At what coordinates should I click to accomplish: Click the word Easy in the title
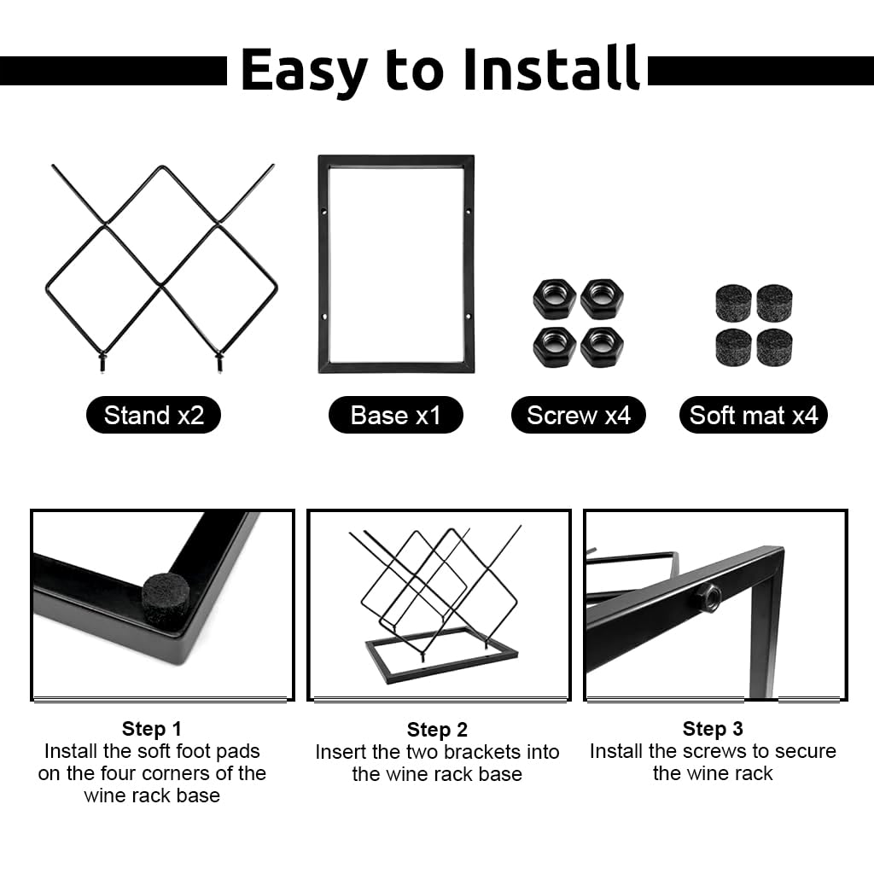click(x=305, y=71)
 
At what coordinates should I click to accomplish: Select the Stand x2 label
click(x=154, y=416)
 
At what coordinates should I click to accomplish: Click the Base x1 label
click(x=396, y=416)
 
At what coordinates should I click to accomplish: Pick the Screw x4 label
click(x=579, y=416)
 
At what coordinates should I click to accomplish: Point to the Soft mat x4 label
click(x=753, y=416)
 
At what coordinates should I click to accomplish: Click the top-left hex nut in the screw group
click(x=555, y=299)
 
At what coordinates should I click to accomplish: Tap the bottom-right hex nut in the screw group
click(x=602, y=347)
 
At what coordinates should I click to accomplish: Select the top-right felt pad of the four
click(x=774, y=303)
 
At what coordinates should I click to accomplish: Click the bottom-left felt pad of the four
click(x=733, y=347)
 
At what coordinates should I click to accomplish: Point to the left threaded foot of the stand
click(x=102, y=362)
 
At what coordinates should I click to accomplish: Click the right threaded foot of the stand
click(x=219, y=362)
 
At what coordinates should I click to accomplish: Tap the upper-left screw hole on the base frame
click(x=324, y=212)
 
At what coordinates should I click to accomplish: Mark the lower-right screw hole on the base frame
click(x=469, y=318)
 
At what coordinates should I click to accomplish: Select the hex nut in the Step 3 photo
click(x=708, y=597)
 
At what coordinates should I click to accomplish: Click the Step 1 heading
click(x=152, y=729)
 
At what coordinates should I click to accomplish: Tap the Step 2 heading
click(x=437, y=729)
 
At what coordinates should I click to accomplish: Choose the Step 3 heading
click(x=713, y=729)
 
